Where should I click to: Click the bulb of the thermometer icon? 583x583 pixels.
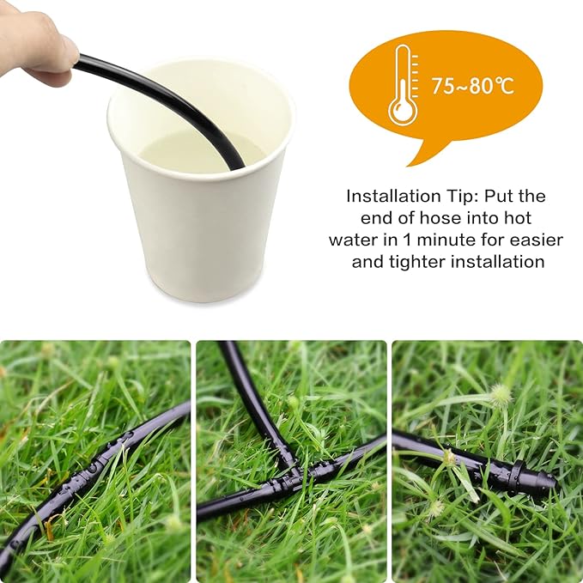coord(402,109)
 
